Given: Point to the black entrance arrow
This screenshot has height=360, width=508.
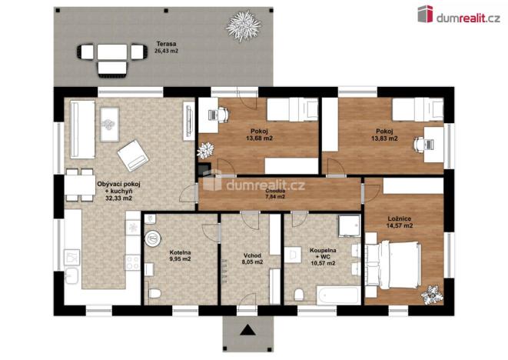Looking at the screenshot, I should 247,332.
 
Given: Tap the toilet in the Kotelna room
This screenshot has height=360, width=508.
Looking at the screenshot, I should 153,294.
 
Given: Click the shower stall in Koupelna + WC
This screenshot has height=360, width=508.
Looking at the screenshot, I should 350,225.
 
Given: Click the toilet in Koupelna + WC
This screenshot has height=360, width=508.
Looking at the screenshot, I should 298,294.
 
